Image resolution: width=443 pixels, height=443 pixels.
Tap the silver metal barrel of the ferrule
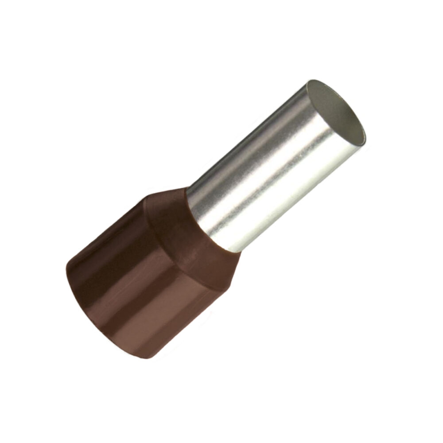click(275, 168)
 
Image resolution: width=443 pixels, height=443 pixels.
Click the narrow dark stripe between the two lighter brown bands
click(128, 288)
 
